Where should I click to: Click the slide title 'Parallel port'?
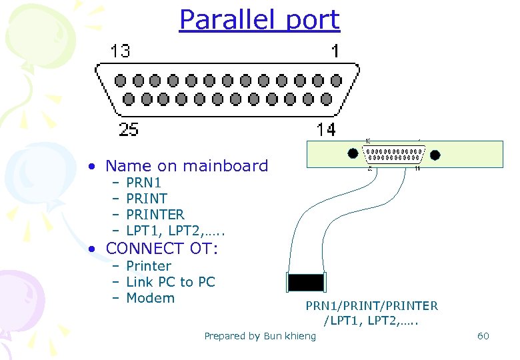pyautogui.click(x=259, y=20)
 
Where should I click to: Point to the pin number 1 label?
pyautogui.click(x=335, y=51)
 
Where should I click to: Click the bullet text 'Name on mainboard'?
pyautogui.click(x=187, y=165)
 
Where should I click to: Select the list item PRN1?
pyautogui.click(x=143, y=182)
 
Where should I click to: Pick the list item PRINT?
pyautogui.click(x=147, y=198)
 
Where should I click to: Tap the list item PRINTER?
pyautogui.click(x=155, y=215)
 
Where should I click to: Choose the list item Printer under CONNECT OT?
pyautogui.click(x=149, y=266)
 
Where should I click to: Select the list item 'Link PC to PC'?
pyautogui.click(x=171, y=282)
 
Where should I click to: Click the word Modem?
pyautogui.click(x=150, y=298)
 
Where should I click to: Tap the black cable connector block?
pyautogui.click(x=305, y=282)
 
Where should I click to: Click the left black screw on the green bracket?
pyautogui.click(x=353, y=153)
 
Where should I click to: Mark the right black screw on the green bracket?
pyautogui.click(x=435, y=155)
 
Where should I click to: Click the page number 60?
pyautogui.click(x=483, y=335)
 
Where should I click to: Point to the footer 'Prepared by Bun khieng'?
pyautogui.click(x=260, y=336)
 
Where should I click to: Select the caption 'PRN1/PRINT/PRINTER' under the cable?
pyautogui.click(x=372, y=306)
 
